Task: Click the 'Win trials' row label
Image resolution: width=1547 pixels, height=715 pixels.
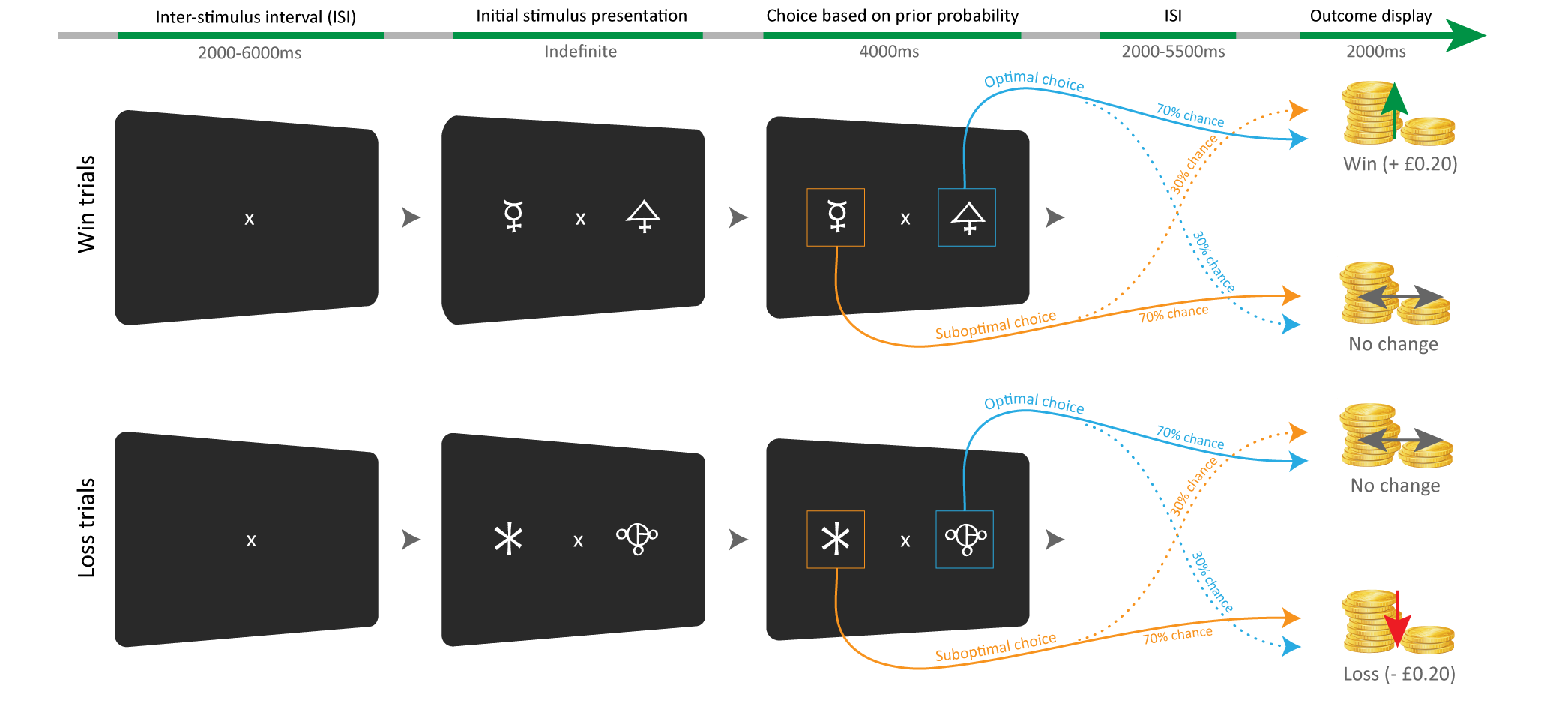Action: [87, 204]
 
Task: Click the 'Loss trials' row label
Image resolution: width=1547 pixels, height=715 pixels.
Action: [87, 528]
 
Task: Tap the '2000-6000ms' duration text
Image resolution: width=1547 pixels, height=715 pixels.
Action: [250, 53]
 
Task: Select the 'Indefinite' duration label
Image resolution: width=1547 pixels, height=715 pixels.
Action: [580, 52]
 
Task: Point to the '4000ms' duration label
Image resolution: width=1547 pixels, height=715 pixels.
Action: [889, 52]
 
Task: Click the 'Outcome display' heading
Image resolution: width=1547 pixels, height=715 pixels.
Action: [1370, 16]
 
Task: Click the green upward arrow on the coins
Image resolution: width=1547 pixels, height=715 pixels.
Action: [1393, 109]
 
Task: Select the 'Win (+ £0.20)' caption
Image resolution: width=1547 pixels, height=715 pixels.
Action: [1399, 164]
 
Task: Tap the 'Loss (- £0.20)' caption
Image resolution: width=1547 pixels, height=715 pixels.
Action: [1399, 674]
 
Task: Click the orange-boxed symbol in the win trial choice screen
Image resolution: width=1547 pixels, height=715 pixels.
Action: [836, 217]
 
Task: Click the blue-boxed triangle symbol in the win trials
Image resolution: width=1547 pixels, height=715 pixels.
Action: [967, 217]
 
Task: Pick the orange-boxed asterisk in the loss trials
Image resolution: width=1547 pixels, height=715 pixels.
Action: [836, 540]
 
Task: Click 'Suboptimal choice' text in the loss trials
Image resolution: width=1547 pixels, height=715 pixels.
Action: [995, 648]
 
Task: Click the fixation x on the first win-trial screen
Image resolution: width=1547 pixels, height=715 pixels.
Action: [250, 219]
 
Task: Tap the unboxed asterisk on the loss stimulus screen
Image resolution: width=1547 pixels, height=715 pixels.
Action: [508, 540]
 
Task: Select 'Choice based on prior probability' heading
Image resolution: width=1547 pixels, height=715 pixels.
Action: [892, 16]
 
